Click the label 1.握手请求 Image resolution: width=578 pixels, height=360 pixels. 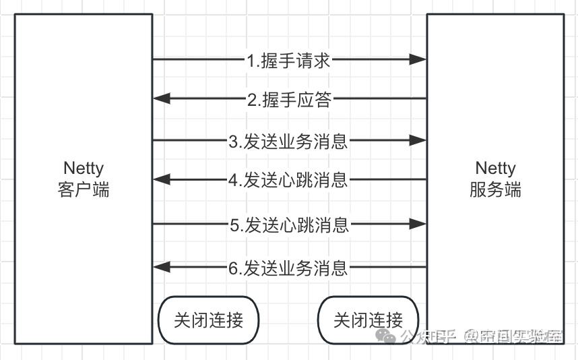288,60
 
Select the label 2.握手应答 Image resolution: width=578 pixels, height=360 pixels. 289,100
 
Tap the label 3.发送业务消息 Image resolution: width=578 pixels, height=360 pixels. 288,141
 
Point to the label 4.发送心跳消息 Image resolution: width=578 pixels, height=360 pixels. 288,180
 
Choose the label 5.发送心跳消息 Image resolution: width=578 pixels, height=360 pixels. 289,224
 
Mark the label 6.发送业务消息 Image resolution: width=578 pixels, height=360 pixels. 288,268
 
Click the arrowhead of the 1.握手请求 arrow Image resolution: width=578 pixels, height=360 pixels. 418,60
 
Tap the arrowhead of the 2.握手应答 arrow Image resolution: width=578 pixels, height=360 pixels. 162,100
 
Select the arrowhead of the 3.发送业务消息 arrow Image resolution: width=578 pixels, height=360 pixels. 418,141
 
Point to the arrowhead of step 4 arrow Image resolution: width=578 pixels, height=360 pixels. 162,180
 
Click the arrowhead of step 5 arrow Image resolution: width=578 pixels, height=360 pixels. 418,224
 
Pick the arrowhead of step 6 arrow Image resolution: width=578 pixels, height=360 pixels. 162,268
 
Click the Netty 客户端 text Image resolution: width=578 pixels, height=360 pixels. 84,179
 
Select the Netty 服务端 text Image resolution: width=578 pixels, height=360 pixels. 495,179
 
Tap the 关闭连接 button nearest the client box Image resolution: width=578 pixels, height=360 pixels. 208,320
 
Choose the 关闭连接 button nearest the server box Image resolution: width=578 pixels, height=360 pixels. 368,320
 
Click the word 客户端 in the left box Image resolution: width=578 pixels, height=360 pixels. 84,190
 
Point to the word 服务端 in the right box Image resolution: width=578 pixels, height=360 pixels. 495,190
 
